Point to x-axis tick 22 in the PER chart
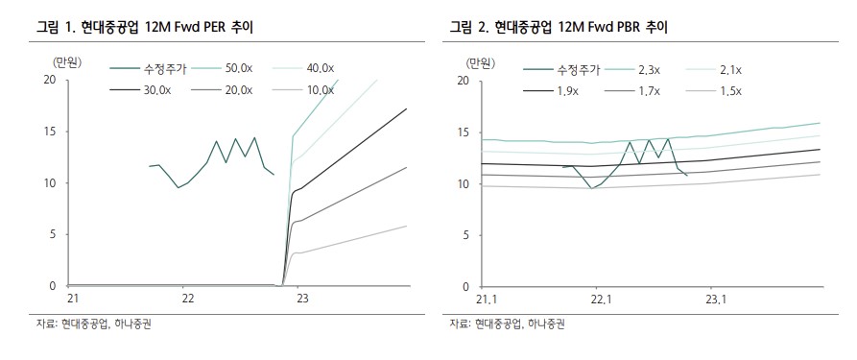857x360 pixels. click(188, 299)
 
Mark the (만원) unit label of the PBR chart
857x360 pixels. click(481, 62)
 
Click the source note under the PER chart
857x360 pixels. click(93, 324)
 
